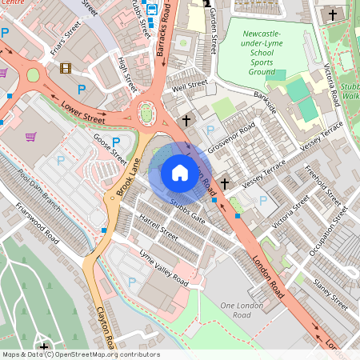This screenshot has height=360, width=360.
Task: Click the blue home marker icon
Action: pyautogui.click(x=180, y=172)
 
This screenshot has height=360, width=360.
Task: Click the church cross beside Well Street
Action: pyautogui.click(x=186, y=120)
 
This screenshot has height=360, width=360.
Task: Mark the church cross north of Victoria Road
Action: pyautogui.click(x=333, y=14)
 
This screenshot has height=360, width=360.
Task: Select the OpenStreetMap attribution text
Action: pyautogui.click(x=80, y=354)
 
